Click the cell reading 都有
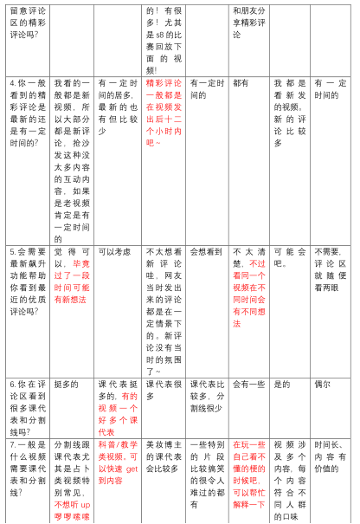(240, 82)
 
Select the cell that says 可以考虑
(114, 252)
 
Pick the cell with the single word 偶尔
(322, 384)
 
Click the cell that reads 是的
(282, 384)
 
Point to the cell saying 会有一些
(248, 384)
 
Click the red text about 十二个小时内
(164, 112)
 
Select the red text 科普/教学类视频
(119, 456)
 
